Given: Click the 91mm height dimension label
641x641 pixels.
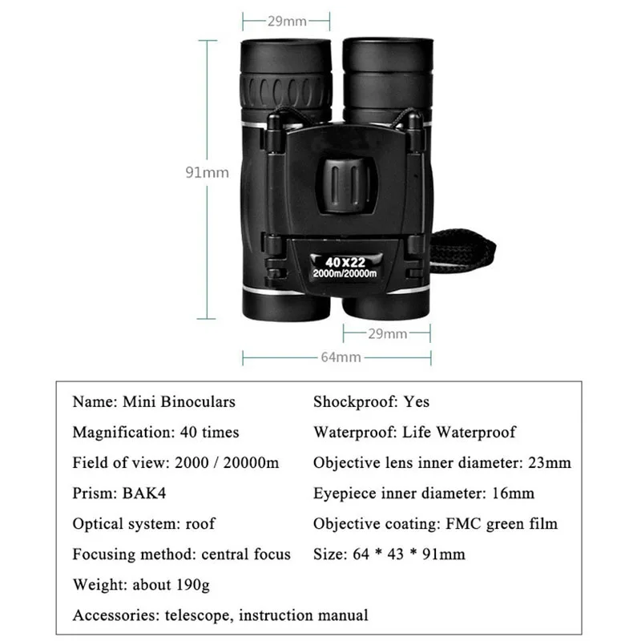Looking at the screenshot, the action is click(207, 171).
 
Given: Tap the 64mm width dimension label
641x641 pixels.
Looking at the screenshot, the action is click(341, 357).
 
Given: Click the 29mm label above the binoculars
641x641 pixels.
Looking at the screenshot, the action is click(287, 21).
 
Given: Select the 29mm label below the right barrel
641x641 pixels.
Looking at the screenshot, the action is click(388, 333).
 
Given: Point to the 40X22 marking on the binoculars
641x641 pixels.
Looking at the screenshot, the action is click(346, 261).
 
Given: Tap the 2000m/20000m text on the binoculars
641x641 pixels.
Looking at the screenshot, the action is click(346, 275).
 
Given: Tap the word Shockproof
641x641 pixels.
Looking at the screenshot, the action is click(351, 401).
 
